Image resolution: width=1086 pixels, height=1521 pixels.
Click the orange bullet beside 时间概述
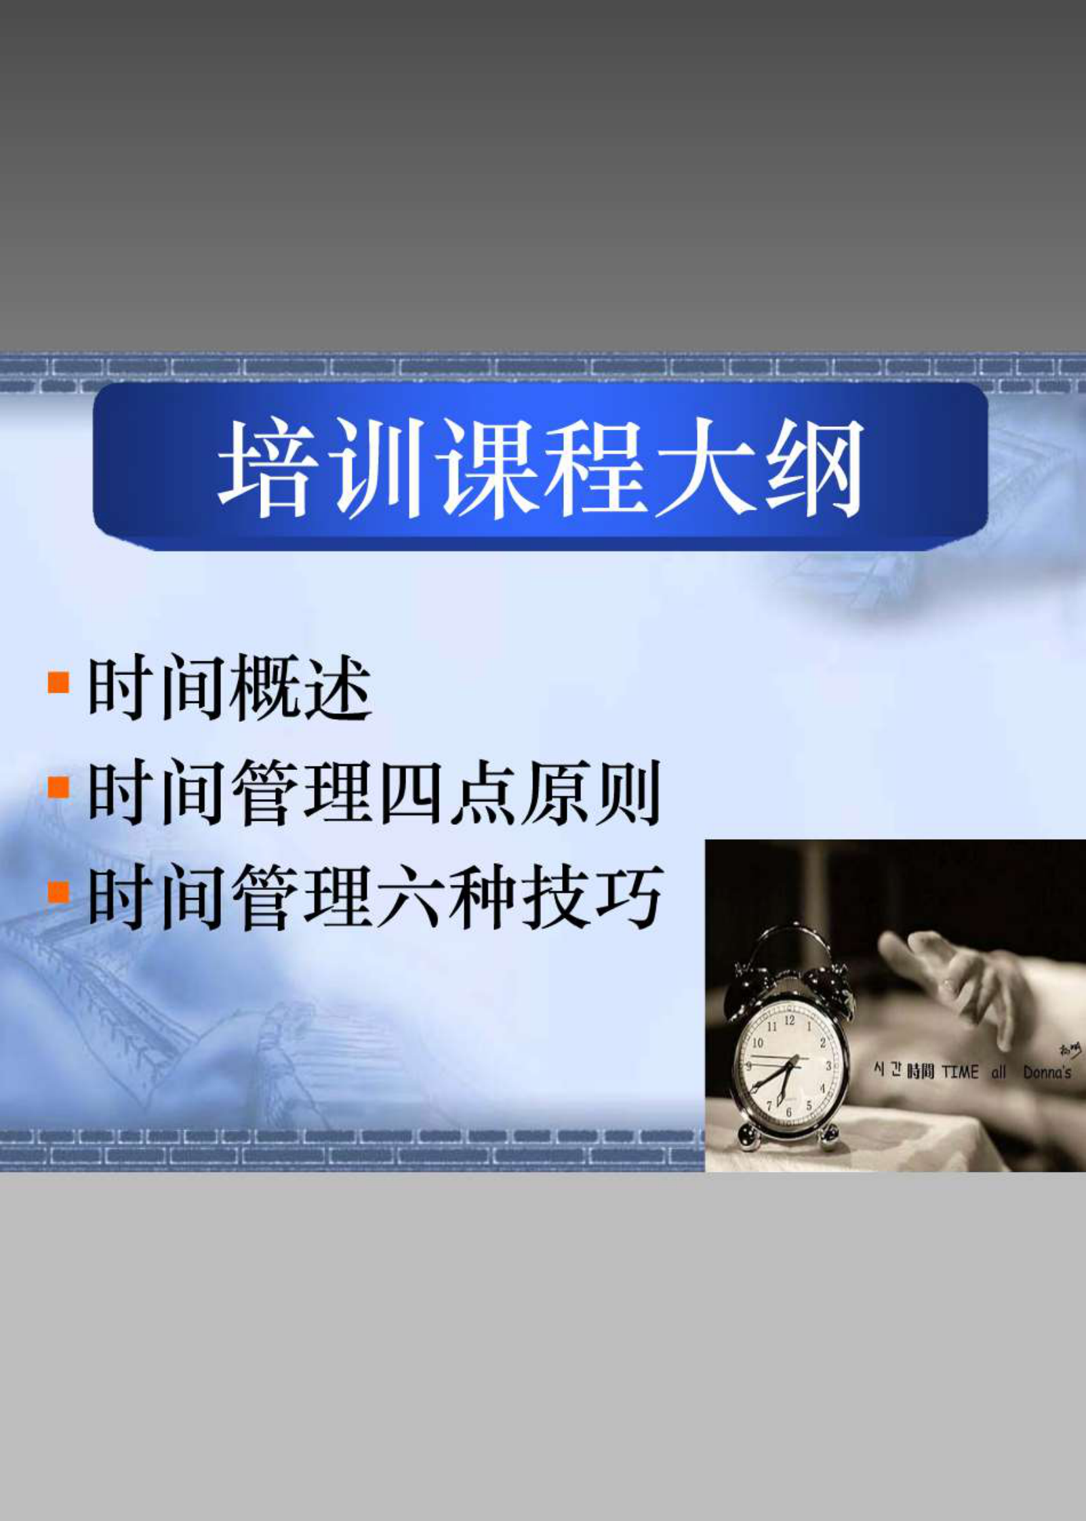tap(59, 682)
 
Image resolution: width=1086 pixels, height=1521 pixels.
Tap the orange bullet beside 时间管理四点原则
tap(59, 787)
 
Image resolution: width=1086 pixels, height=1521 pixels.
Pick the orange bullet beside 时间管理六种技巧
tap(59, 891)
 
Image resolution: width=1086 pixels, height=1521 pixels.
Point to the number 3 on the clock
tap(828, 1066)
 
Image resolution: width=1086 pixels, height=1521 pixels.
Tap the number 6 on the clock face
tap(788, 1112)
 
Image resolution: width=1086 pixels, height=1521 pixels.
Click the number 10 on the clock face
tap(757, 1042)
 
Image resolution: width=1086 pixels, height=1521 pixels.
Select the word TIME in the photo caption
tap(960, 1072)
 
